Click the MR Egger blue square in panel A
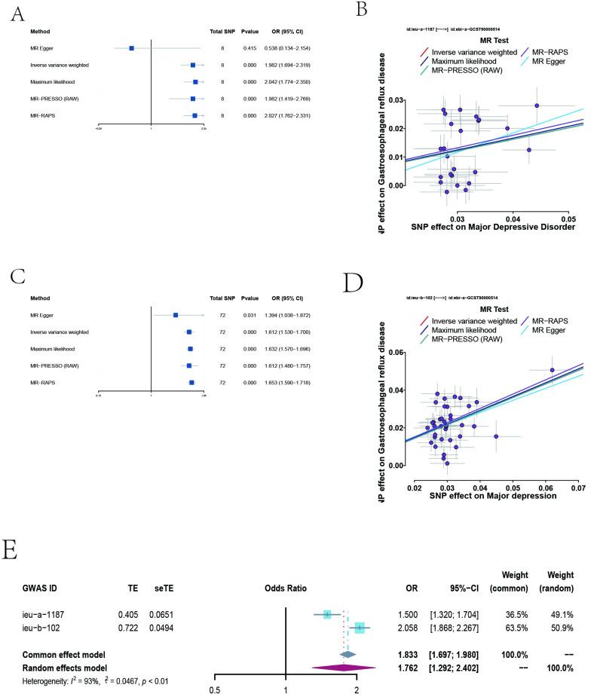[x=131, y=48]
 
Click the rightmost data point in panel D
[x=552, y=370]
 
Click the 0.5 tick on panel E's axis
[x=216, y=647]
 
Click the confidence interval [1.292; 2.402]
[x=453, y=625]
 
